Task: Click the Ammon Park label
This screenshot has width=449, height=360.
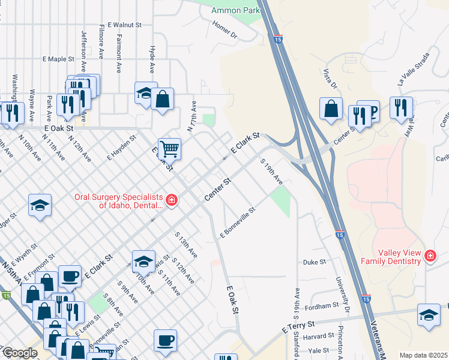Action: pyautogui.click(x=235, y=10)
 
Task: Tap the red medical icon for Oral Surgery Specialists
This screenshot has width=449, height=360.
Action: pyautogui.click(x=172, y=200)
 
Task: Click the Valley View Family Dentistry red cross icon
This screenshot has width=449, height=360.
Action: pyautogui.click(x=430, y=256)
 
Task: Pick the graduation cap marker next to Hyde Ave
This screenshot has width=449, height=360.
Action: pyautogui.click(x=145, y=92)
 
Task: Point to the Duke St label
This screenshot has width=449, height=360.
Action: pyautogui.click(x=314, y=262)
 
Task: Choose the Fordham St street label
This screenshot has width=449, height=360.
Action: pyautogui.click(x=322, y=306)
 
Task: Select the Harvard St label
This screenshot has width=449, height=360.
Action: pyautogui.click(x=319, y=336)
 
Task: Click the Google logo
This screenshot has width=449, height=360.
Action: pyautogui.click(x=20, y=353)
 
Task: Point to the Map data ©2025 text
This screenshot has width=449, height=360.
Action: pyautogui.click(x=423, y=355)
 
